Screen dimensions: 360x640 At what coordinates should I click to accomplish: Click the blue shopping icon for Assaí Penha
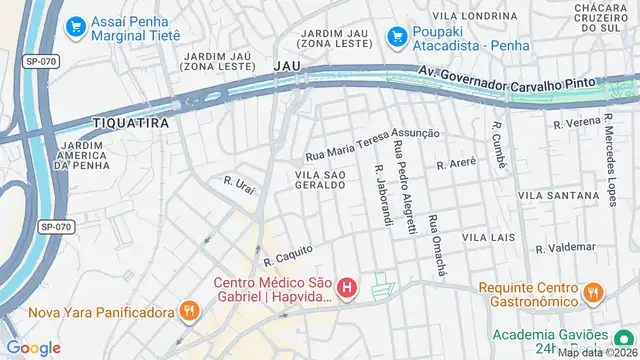75,26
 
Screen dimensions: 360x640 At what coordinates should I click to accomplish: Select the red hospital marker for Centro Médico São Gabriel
347,290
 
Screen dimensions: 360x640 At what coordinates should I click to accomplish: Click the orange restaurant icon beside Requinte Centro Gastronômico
594,293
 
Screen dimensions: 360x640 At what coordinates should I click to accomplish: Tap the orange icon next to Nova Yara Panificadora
187,311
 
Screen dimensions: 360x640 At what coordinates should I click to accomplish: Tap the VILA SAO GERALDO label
320,180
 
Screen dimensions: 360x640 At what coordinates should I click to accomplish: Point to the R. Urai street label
240,187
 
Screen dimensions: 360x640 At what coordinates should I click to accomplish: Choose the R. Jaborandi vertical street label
381,195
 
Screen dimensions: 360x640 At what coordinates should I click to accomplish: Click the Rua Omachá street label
436,244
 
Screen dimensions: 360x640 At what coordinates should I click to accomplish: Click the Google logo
33,347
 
